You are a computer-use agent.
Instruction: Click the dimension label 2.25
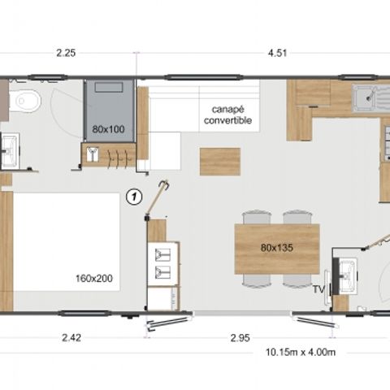(x=66, y=54)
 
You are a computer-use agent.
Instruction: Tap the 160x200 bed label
(x=96, y=278)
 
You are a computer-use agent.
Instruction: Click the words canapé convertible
(x=228, y=115)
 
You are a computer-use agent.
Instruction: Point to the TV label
(x=318, y=288)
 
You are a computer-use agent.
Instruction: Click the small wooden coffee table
(x=219, y=161)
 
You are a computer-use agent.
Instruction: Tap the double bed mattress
(x=69, y=244)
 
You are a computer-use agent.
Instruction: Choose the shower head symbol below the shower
(x=93, y=154)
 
